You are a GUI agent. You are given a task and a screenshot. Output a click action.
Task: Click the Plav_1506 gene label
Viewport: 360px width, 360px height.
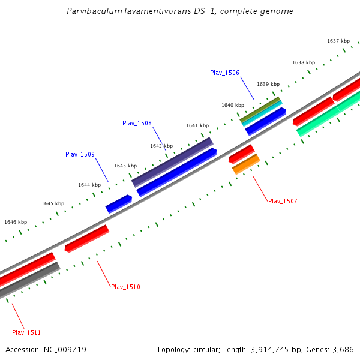[x=224, y=73]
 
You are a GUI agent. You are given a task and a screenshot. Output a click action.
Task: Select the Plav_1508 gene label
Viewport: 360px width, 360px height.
[x=137, y=123]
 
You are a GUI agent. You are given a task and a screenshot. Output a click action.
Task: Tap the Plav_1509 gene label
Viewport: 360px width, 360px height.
[x=80, y=154]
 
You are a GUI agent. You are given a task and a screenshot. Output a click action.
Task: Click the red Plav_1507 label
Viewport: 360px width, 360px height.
[x=283, y=201]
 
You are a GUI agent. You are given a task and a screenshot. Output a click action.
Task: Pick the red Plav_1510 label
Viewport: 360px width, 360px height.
[x=125, y=287]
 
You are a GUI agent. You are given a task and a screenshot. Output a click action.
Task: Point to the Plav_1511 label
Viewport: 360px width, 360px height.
[x=26, y=332]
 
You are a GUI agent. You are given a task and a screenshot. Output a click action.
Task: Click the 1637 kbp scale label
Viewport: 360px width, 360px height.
[x=338, y=41]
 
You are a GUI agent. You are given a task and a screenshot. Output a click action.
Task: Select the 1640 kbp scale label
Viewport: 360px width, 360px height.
[x=233, y=105]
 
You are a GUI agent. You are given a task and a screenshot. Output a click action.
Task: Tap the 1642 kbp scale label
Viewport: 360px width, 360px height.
[x=161, y=146]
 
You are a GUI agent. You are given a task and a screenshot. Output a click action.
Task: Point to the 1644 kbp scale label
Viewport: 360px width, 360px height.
[x=89, y=185]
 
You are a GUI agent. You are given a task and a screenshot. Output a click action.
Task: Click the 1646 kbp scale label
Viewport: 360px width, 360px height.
[x=16, y=222]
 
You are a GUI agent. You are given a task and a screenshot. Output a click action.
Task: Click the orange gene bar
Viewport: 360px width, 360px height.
[x=246, y=164]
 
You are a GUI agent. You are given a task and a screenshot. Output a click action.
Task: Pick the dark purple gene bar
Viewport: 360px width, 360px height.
[x=172, y=161]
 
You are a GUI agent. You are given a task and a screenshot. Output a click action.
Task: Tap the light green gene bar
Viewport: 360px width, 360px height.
[x=329, y=114]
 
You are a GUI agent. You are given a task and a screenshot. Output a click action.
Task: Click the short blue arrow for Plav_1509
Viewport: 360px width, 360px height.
[x=119, y=203]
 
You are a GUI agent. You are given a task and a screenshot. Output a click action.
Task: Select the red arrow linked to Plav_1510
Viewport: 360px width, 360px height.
[x=87, y=238]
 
